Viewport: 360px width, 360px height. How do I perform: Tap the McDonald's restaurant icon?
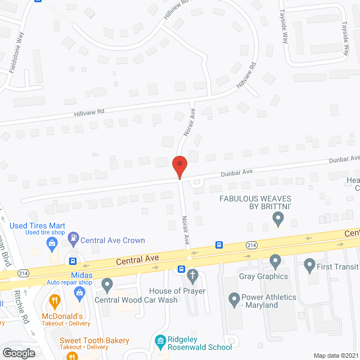[55, 301]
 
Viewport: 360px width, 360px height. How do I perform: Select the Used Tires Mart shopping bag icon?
[52, 244]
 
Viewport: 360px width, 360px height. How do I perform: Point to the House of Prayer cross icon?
[192, 276]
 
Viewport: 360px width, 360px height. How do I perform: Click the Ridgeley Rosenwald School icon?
[160, 341]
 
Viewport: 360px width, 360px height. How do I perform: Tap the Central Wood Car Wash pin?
[107, 285]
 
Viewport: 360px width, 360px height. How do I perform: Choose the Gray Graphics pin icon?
[275, 262]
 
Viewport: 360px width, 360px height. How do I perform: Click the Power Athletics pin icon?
[234, 300]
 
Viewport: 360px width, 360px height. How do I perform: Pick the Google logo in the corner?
[18, 353]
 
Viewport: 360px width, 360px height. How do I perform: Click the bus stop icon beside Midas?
[73, 261]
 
